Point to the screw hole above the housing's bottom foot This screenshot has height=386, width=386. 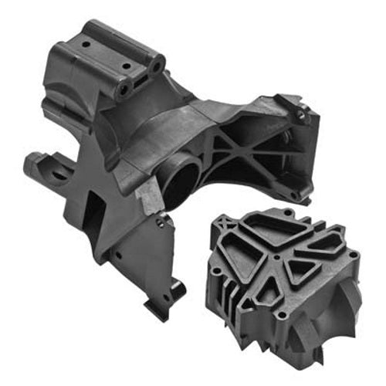tap(160, 224)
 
